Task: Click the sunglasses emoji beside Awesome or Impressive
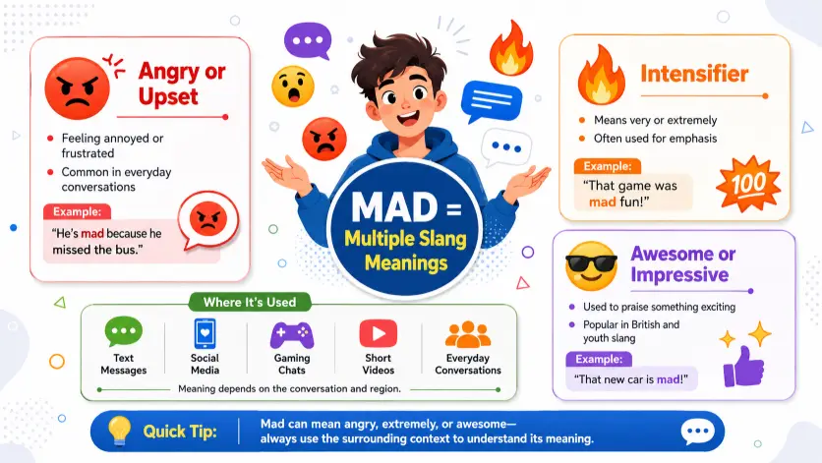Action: (591, 265)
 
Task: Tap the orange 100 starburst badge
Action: (748, 184)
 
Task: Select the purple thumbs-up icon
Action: (743, 367)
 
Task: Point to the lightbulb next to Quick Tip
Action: (119, 431)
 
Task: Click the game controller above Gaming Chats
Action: (292, 334)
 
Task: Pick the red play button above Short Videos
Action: (378, 333)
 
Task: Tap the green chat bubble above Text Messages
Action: (124, 331)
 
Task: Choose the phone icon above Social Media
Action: (205, 333)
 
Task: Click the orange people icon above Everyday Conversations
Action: (468, 334)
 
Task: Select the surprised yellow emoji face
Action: (293, 87)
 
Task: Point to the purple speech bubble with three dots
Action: (308, 41)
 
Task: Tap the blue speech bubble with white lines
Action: (492, 100)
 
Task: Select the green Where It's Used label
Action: (250, 302)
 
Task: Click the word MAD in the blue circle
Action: (394, 206)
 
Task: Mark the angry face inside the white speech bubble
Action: (208, 218)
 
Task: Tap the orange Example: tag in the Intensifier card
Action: (608, 166)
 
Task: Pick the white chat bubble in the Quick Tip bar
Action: (698, 432)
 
